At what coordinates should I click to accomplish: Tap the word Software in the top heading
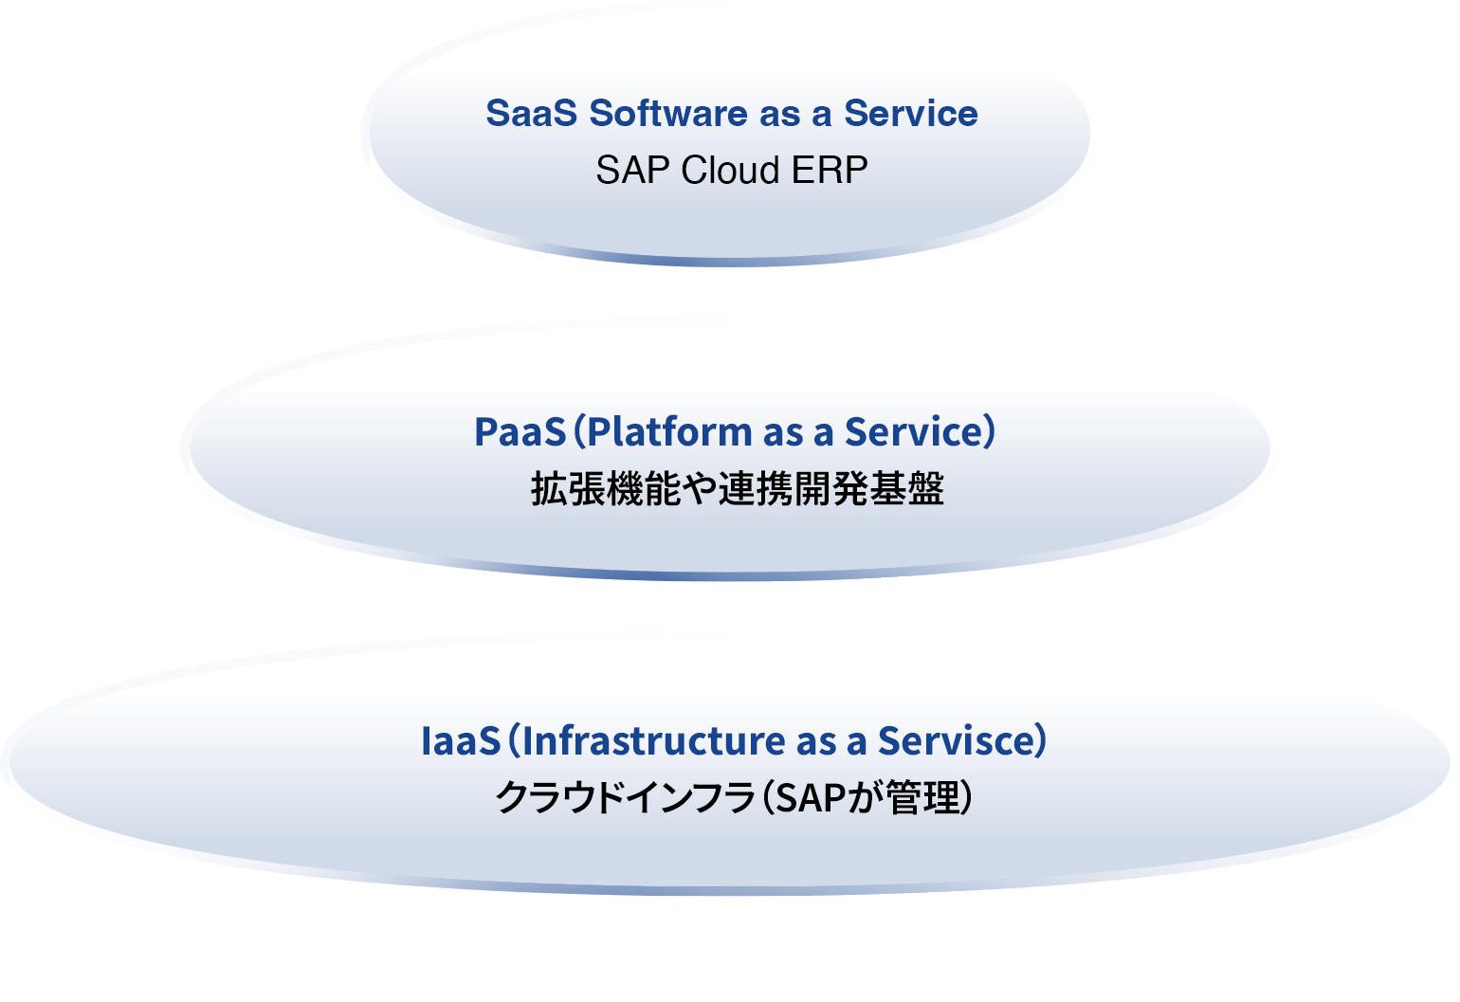[x=668, y=114]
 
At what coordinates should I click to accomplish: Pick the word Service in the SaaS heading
[x=911, y=114]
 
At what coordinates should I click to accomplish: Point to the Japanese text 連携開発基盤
[x=830, y=490]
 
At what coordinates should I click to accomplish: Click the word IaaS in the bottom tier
[x=460, y=741]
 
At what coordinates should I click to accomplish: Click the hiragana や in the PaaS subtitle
[x=699, y=490]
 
